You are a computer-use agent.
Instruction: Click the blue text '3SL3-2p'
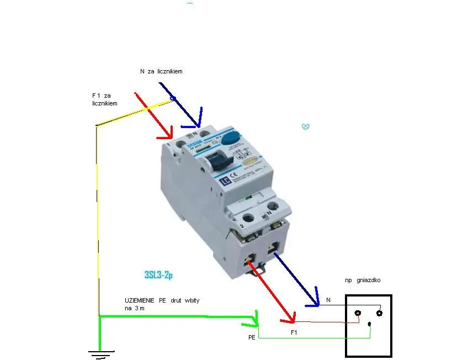[159, 274]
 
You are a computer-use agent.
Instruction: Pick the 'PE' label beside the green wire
[252, 336]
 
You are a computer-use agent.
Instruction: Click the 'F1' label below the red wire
[294, 333]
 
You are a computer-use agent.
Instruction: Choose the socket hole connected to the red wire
[358, 314]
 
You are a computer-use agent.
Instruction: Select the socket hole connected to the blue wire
[379, 313]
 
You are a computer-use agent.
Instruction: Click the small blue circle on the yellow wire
[172, 99]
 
